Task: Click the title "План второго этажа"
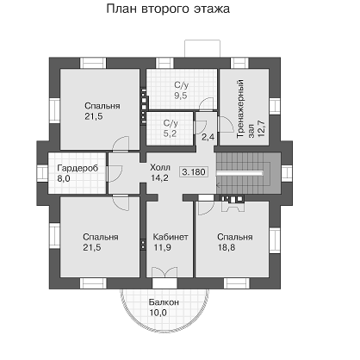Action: tap(168, 9)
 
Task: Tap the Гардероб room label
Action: tap(78, 168)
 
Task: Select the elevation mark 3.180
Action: tap(194, 172)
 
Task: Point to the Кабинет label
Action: tap(171, 237)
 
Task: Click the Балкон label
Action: tap(164, 302)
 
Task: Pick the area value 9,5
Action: tap(181, 96)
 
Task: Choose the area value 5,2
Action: tap(170, 133)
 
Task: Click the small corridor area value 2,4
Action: tap(208, 137)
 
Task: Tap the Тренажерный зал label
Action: tap(250, 109)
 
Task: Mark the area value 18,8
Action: tap(227, 247)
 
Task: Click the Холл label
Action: tap(160, 167)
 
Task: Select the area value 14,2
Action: tap(159, 178)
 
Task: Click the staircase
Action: tap(248, 173)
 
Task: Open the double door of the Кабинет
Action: tap(164, 272)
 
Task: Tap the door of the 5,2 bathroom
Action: tap(201, 127)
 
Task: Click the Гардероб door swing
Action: tap(115, 174)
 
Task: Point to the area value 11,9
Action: tap(163, 247)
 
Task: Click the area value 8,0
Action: tap(64, 178)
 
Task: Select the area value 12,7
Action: tap(261, 128)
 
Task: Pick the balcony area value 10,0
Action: tap(158, 313)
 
